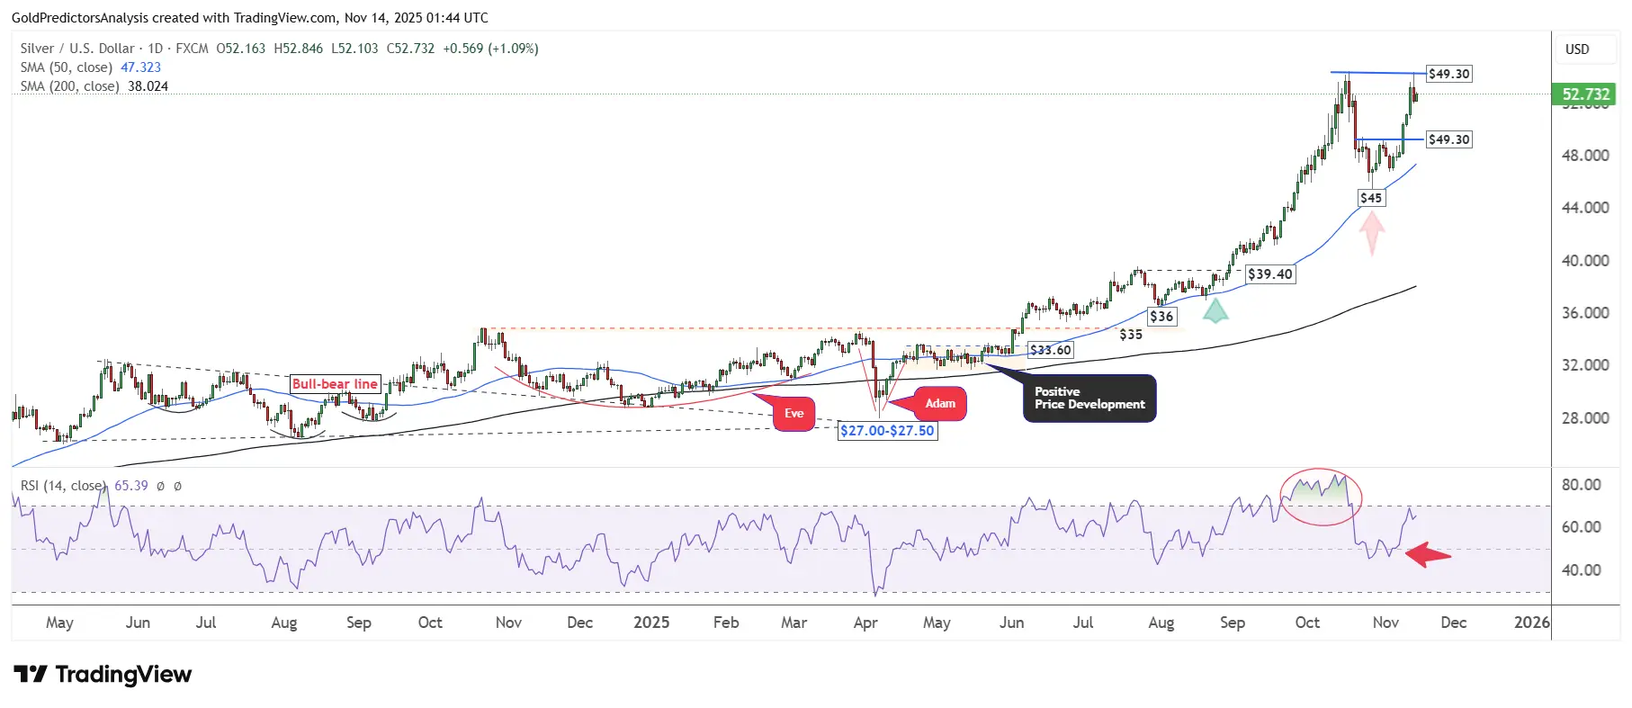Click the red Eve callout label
tap(794, 414)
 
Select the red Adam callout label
tap(940, 404)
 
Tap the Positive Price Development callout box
tap(1089, 399)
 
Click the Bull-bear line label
tap(335, 384)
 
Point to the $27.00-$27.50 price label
tap(887, 431)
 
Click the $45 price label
tap(1370, 198)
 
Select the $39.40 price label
tap(1269, 274)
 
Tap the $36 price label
tap(1161, 317)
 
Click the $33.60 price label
tap(1050, 350)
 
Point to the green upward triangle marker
tap(1215, 312)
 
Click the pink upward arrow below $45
tap(1371, 231)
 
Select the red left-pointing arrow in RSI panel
tap(1428, 555)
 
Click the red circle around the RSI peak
tap(1321, 497)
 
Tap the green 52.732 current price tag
tap(1585, 94)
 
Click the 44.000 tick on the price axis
tap(1585, 208)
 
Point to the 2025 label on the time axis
tap(651, 623)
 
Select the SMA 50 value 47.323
tap(140, 67)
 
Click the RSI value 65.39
tap(131, 486)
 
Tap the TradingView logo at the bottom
tap(103, 675)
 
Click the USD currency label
tap(1577, 49)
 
